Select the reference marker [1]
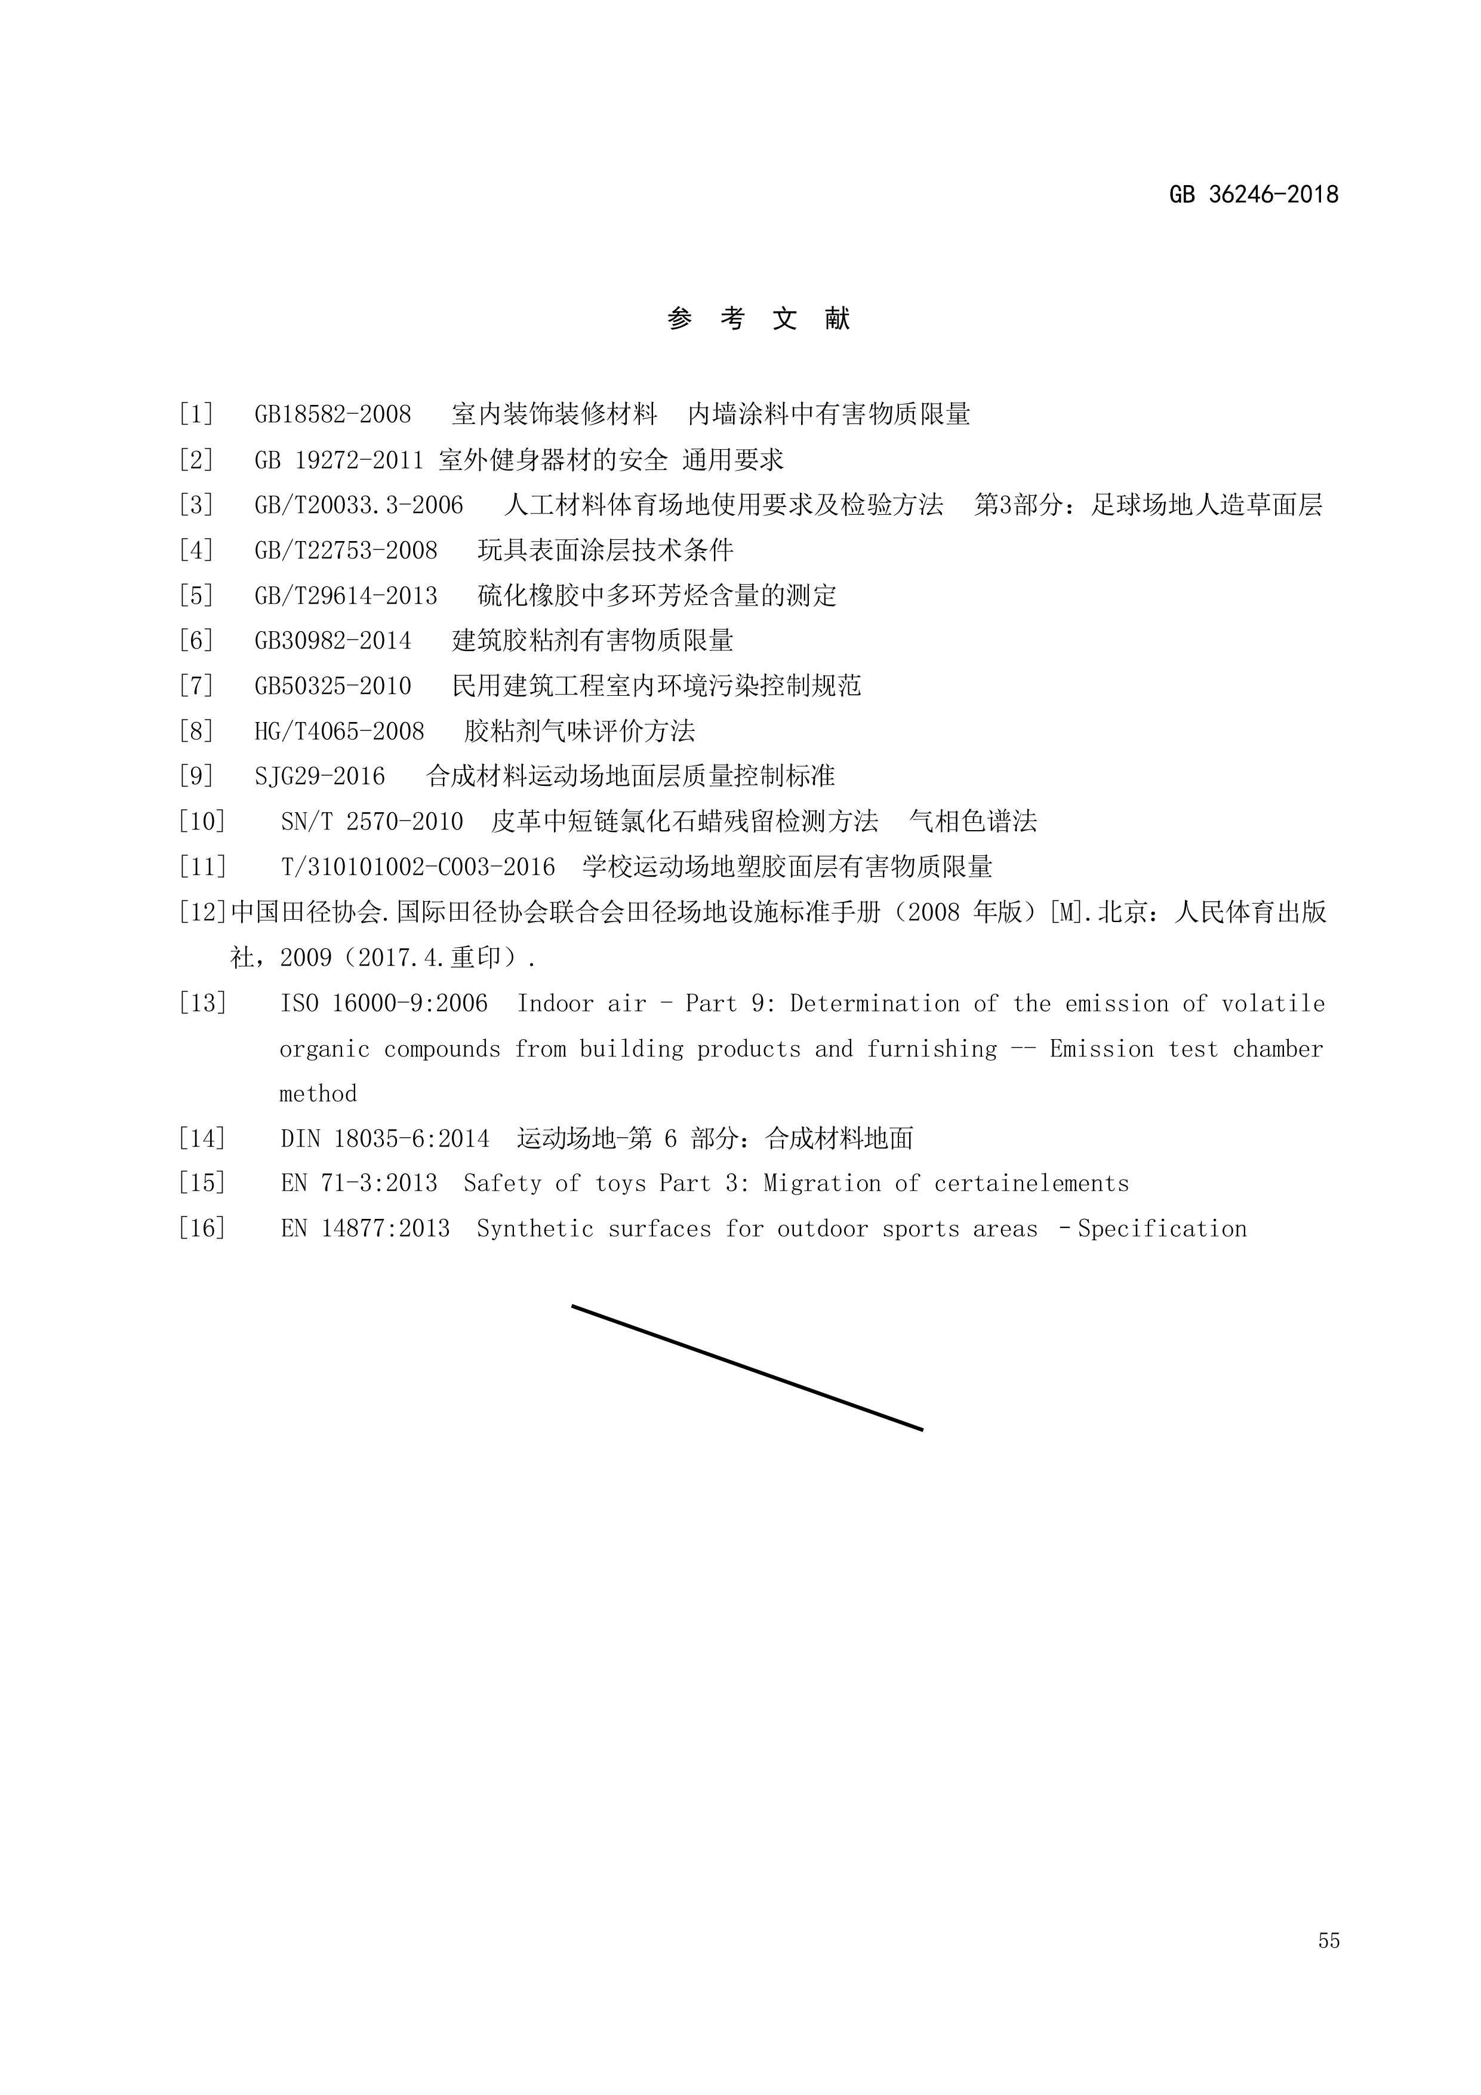(x=196, y=414)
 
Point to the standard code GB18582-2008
(x=333, y=414)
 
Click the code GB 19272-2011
(x=339, y=460)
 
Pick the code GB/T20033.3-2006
(x=358, y=505)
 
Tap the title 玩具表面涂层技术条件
(x=605, y=550)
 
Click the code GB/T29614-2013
(x=346, y=596)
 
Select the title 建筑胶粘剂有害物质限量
(x=593, y=641)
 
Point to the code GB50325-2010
(x=333, y=686)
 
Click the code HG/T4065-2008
(x=339, y=731)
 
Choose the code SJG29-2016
(x=320, y=776)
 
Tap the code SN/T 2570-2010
(x=372, y=821)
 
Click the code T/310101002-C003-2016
(x=418, y=867)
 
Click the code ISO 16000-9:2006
(x=384, y=1004)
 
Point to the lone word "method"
(x=318, y=1093)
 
